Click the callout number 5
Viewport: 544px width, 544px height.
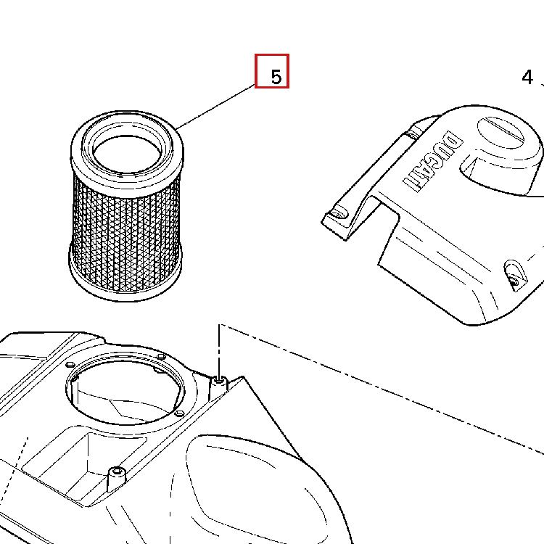(276, 77)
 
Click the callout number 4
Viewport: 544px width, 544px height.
(527, 77)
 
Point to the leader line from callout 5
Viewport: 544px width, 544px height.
(215, 107)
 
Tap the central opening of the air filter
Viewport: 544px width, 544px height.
(127, 154)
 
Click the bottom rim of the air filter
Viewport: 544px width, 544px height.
(125, 278)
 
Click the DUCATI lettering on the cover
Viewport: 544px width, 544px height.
(433, 161)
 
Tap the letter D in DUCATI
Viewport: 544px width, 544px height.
(453, 141)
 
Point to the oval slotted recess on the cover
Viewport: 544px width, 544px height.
(500, 132)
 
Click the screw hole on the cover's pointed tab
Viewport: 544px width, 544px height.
(338, 213)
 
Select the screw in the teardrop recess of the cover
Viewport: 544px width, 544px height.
(514, 281)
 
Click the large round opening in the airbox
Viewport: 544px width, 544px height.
(127, 391)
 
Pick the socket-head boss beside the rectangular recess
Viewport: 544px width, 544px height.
(116, 479)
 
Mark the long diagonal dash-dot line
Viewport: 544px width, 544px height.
(382, 389)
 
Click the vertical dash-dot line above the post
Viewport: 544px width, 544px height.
(219, 350)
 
